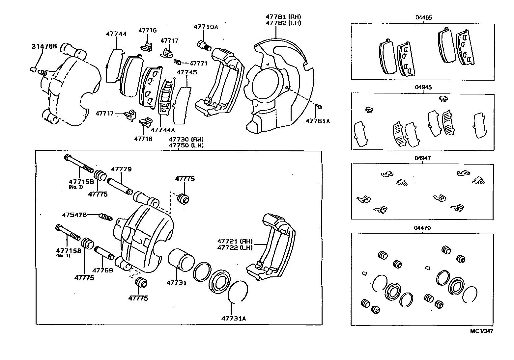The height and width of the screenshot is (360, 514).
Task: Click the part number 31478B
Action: coord(44,46)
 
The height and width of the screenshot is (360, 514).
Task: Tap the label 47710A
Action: coord(206,27)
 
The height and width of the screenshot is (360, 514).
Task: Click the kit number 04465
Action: coord(423,18)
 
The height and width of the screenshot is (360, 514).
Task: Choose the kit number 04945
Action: coord(423,88)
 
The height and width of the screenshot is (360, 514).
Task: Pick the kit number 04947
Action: coord(422,158)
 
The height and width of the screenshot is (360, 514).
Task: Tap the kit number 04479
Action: coord(422,228)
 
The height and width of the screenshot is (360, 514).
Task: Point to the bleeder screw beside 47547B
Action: coord(106,217)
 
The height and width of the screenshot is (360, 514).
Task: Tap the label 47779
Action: coord(121,169)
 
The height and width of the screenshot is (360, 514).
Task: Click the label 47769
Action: coord(102,270)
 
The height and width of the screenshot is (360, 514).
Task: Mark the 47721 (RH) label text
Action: coord(235,241)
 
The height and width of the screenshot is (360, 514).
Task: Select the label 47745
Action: coord(186,72)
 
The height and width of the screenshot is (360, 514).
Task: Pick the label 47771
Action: coord(199,64)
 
